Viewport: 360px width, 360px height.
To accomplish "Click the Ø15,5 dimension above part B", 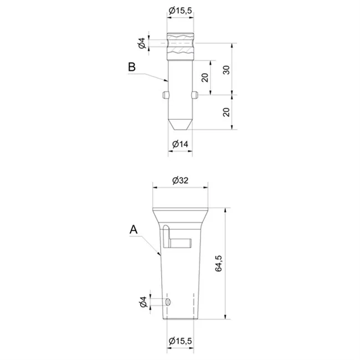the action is [x=180, y=11].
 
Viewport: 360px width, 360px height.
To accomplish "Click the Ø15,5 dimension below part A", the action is [x=180, y=341].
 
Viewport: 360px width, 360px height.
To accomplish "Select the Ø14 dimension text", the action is [x=180, y=144].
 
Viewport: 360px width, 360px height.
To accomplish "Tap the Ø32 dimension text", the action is [x=180, y=181].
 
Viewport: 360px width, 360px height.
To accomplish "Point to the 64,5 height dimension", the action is [x=219, y=263].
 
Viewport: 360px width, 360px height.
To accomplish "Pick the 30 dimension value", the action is [x=227, y=70].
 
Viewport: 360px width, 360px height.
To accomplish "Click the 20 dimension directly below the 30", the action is [x=227, y=112].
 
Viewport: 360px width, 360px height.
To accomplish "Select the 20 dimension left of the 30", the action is [x=205, y=78].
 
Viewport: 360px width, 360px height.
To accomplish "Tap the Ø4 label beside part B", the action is [x=142, y=43].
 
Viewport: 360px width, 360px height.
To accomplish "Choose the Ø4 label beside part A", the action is [x=143, y=302].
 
